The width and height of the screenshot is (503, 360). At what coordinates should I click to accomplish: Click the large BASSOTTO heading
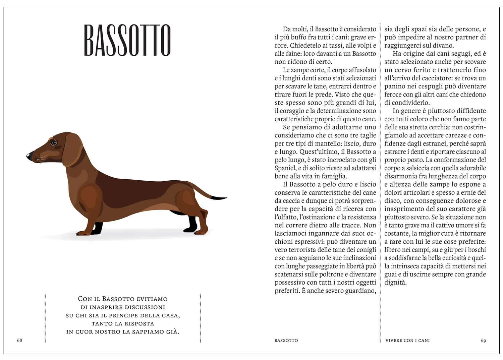(x=127, y=40)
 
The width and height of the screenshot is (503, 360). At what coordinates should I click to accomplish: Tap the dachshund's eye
(x=54, y=143)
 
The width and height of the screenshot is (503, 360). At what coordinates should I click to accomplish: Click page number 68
(x=19, y=340)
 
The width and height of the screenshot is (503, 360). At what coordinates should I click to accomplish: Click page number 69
(x=483, y=340)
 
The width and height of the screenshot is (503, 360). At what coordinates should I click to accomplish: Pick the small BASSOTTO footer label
(x=286, y=340)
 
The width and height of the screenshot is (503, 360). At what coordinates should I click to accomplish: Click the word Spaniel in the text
(x=285, y=168)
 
